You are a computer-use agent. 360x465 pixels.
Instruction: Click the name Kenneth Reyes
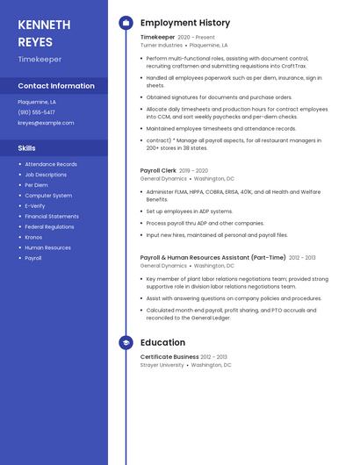coord(43,32)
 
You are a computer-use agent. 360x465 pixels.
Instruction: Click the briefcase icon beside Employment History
coord(126,23)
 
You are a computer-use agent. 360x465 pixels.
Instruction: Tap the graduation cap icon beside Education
coord(126,343)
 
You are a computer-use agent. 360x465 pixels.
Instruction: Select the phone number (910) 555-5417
coord(36,112)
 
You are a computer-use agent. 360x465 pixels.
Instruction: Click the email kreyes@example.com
coord(46,123)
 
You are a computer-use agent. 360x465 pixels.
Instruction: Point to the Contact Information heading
coord(56,86)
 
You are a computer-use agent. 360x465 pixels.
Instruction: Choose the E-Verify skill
coord(35,206)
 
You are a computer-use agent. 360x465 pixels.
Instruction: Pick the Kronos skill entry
coord(33,237)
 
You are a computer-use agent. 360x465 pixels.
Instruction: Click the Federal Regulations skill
coord(49,226)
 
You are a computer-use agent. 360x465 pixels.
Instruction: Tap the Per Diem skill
coord(36,185)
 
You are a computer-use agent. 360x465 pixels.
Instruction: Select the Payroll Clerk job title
coord(158,170)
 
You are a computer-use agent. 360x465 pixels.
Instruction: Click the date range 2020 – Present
coord(196,37)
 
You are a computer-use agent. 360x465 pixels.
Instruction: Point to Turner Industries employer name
coord(162,45)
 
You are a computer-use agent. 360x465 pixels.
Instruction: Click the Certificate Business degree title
coord(169,357)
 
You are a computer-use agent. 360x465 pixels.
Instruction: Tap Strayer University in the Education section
coord(162,365)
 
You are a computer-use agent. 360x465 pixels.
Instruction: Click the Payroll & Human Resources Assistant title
coord(212,257)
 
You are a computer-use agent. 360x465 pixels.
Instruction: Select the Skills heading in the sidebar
coord(27,148)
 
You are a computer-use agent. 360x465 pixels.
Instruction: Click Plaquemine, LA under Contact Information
coord(37,102)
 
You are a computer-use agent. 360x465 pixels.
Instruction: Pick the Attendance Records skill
coord(51,164)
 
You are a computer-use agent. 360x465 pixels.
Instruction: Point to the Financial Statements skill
coord(52,216)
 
